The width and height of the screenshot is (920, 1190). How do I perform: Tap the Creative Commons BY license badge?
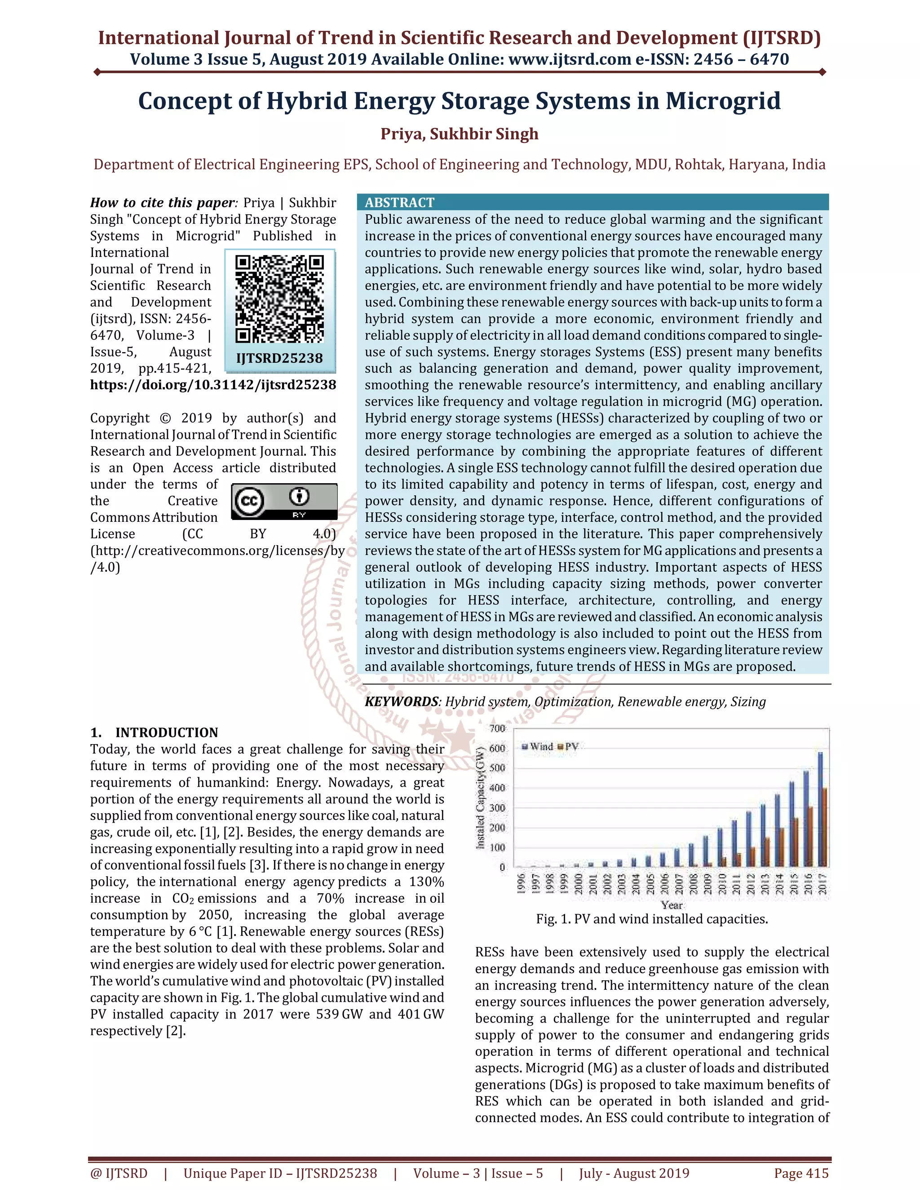(284, 501)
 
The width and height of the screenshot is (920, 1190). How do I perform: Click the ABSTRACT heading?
(399, 203)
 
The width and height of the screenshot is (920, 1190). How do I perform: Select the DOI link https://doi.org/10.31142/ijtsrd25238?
(213, 385)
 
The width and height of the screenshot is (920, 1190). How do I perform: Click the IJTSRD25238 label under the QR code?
(279, 358)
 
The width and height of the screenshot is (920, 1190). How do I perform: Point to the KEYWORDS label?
(401, 702)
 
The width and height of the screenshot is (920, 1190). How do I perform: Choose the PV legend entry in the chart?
(568, 746)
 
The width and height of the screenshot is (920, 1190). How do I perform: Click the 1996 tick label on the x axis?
(521, 883)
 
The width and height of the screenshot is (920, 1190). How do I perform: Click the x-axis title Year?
(672, 904)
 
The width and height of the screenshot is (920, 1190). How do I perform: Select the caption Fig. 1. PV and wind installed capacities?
(652, 919)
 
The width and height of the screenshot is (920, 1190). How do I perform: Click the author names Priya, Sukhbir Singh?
(460, 134)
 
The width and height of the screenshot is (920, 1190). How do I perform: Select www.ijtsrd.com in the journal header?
(570, 59)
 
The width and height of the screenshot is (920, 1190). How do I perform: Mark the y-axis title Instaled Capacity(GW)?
(481, 798)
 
